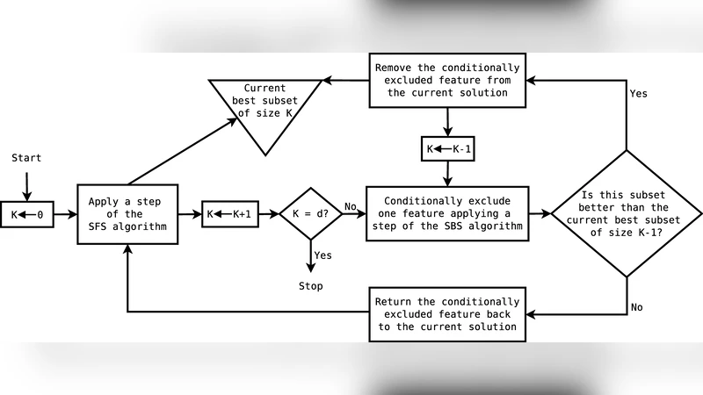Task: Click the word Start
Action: pyautogui.click(x=26, y=158)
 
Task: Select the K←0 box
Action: pyautogui.click(x=26, y=214)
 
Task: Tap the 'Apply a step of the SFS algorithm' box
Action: pyautogui.click(x=127, y=214)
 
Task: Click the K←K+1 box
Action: pyautogui.click(x=230, y=214)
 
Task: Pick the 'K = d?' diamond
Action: pyautogui.click(x=310, y=214)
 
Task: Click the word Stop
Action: pyautogui.click(x=310, y=286)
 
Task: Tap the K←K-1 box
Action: pyautogui.click(x=448, y=149)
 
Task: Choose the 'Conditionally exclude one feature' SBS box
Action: pyautogui.click(x=448, y=214)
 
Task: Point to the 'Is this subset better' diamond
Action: pyautogui.click(x=626, y=214)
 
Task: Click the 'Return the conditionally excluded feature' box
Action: pyautogui.click(x=448, y=313)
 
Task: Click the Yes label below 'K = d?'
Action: pyautogui.click(x=323, y=255)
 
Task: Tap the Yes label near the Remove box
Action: pyautogui.click(x=639, y=93)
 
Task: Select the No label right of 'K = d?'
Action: pyautogui.click(x=351, y=207)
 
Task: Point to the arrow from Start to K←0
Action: pyautogui.click(x=26, y=184)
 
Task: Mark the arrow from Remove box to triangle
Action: pyautogui.click(x=345, y=81)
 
